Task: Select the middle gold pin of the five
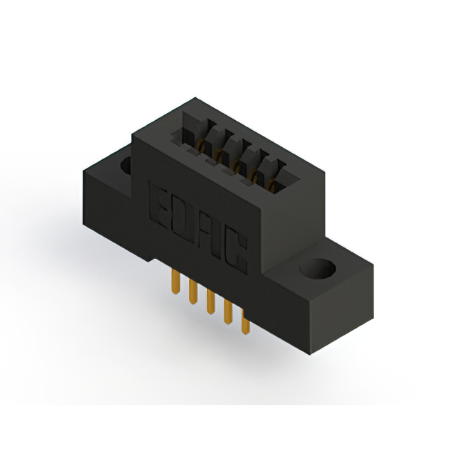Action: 210,304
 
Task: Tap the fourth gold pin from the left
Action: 227,314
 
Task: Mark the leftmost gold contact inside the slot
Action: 202,146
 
